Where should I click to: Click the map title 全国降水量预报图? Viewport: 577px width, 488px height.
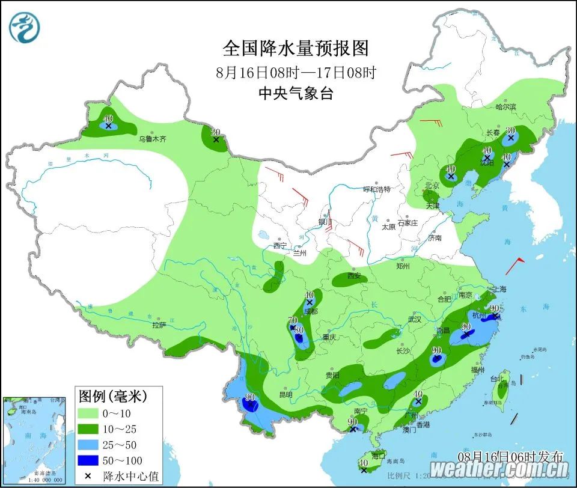[295, 48]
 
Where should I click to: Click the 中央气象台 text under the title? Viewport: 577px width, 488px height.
[295, 93]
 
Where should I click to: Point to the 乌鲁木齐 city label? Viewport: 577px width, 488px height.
[152, 139]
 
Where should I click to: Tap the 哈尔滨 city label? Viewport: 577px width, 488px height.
[505, 107]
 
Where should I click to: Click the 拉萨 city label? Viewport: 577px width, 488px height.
[159, 325]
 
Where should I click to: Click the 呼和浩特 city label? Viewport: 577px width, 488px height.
[376, 189]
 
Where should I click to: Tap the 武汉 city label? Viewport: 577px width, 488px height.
[415, 320]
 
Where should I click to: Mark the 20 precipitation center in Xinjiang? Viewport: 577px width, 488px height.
[215, 132]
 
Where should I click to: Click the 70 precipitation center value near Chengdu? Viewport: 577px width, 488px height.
[293, 320]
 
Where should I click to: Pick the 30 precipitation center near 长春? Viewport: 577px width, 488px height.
[510, 130]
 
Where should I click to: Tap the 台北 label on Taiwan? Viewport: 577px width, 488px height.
[496, 379]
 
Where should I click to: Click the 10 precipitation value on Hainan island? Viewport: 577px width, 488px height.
[363, 463]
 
